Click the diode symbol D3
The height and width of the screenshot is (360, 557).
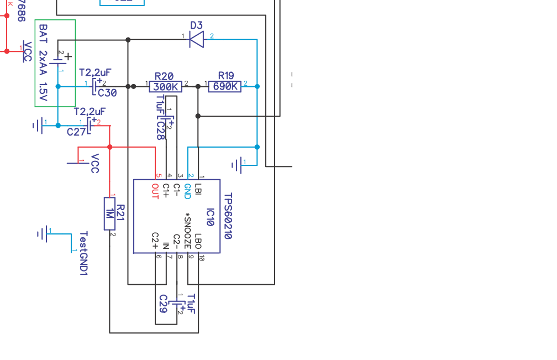click(x=196, y=39)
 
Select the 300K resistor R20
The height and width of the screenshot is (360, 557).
click(x=166, y=87)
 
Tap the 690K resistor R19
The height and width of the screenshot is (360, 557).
click(x=225, y=87)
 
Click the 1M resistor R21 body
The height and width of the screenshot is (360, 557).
click(x=109, y=213)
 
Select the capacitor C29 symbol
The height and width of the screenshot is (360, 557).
click(x=176, y=304)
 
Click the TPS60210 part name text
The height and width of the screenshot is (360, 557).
click(x=228, y=216)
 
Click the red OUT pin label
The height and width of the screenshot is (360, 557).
click(x=155, y=191)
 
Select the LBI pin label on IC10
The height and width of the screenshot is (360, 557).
click(x=198, y=189)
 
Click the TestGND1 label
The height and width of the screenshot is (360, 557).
click(x=84, y=253)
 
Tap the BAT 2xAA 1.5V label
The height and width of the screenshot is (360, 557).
click(x=43, y=62)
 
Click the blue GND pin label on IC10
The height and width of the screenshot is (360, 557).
click(x=187, y=191)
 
